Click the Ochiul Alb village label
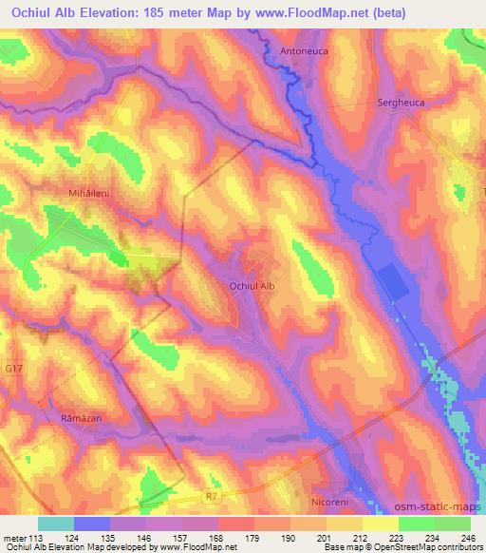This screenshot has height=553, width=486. (252, 284)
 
